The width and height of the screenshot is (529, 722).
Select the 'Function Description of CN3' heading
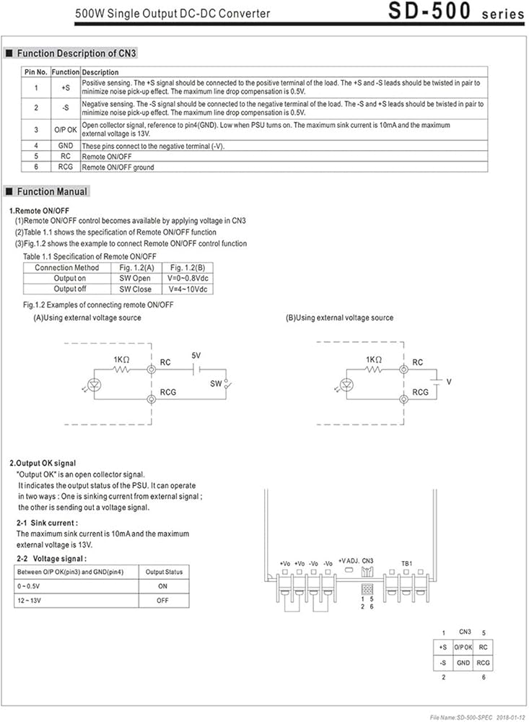[76, 53]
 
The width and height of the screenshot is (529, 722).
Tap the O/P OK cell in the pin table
[65, 129]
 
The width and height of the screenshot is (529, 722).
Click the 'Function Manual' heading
[52, 191]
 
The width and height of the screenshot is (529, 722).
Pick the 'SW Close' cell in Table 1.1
[136, 289]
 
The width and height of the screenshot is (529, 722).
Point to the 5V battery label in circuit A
[196, 355]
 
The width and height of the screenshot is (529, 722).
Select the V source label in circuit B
[449, 381]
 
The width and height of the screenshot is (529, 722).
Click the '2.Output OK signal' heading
[43, 463]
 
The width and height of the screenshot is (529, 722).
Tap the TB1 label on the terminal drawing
[407, 562]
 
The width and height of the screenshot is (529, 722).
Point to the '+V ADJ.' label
[349, 561]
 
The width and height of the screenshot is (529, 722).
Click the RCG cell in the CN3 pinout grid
[484, 662]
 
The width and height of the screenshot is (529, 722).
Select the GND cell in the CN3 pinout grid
[463, 662]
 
